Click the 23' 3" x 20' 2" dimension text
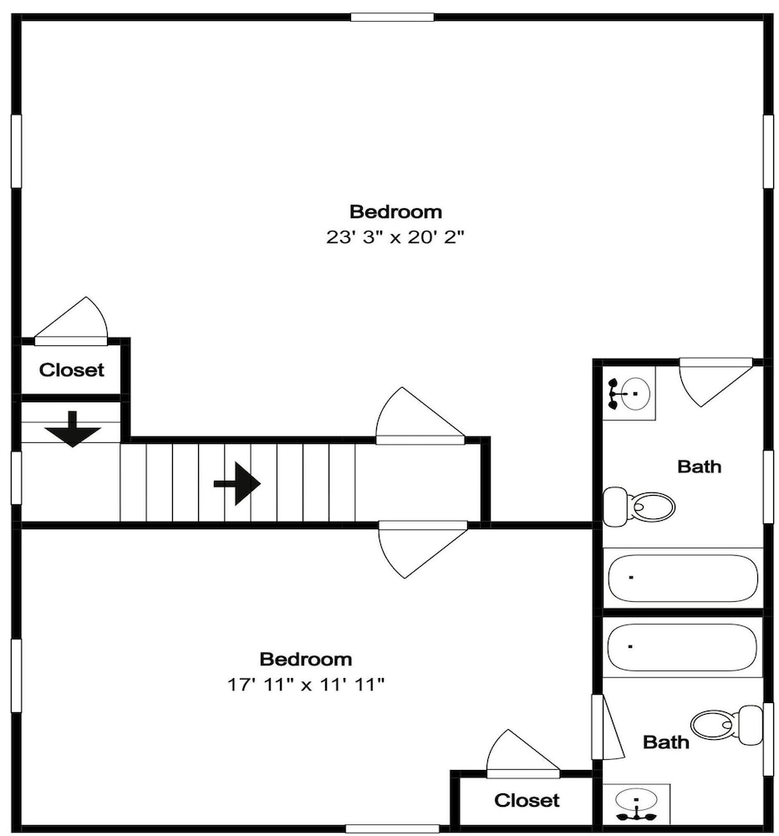395,237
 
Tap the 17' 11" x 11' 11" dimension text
306,684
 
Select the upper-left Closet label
71,370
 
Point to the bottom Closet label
527,800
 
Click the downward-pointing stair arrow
73,429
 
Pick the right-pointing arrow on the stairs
237,483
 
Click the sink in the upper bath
629,394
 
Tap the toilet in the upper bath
639,506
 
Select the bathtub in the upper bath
683,579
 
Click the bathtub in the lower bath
682,647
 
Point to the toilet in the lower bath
726,725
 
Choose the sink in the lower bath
636,804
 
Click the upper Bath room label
699,466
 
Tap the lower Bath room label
666,742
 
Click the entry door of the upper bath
715,382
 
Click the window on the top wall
392,17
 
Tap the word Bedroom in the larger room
395,212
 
